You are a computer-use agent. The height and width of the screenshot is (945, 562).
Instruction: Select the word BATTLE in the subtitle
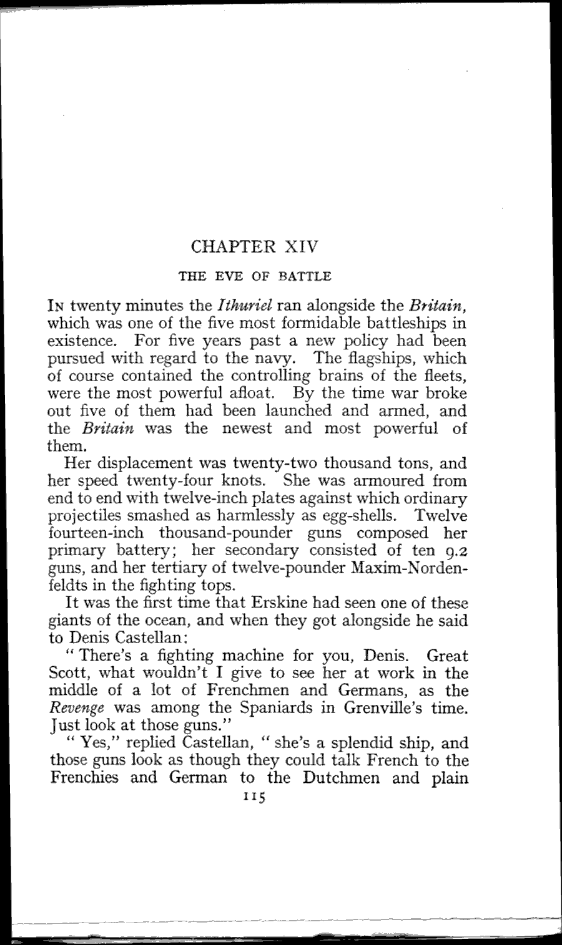[x=306, y=275]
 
